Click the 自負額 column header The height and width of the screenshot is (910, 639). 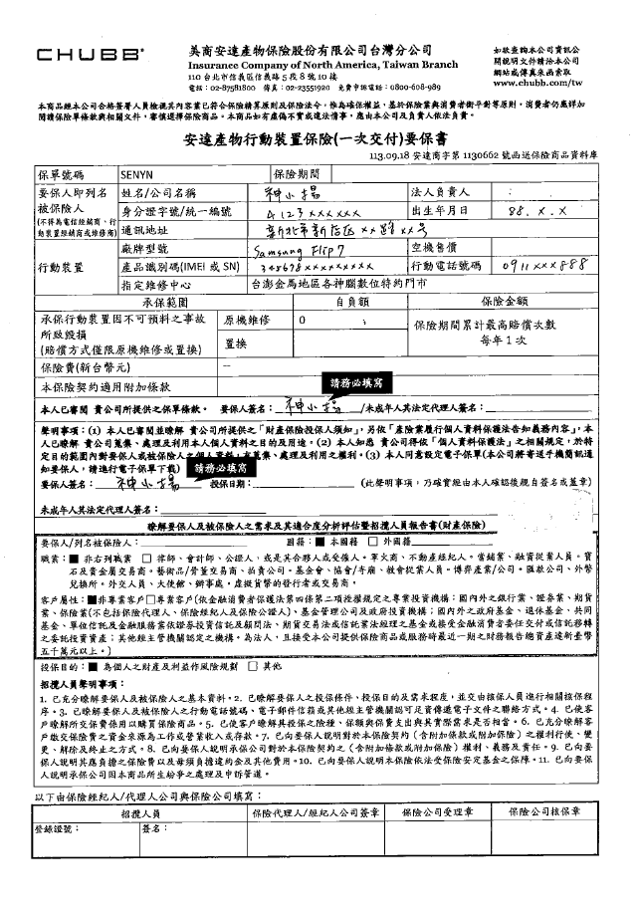[351, 299]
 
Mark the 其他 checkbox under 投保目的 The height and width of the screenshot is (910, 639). [255, 664]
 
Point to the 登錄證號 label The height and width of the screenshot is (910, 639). [55, 826]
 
